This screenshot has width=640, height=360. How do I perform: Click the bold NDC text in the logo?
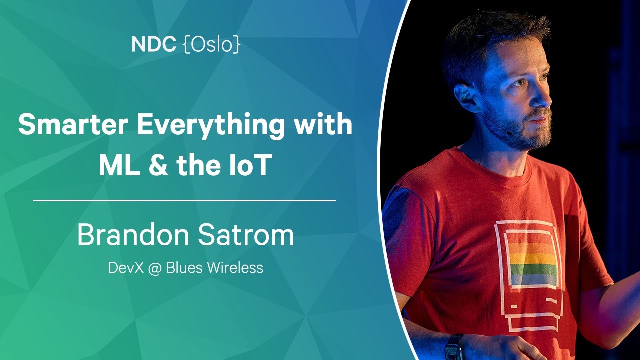154,44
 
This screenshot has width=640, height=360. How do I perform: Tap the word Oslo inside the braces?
211,44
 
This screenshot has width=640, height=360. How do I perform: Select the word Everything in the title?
211,126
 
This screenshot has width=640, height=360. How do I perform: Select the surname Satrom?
246,235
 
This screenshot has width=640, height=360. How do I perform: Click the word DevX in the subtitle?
125,268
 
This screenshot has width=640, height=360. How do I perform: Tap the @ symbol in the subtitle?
155,268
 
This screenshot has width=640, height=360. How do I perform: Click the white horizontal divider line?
184,201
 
